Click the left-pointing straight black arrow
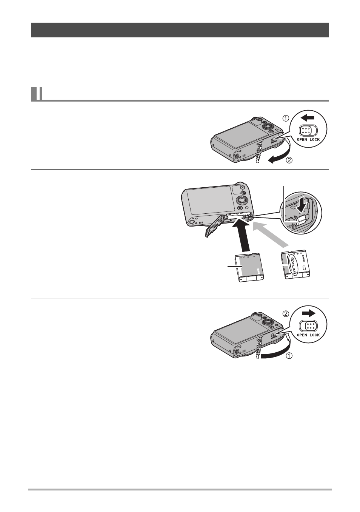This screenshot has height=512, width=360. click(307, 118)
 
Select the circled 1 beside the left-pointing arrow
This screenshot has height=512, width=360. click(286, 118)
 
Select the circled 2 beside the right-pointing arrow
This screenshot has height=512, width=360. click(286, 314)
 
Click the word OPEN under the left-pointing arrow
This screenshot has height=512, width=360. click(302, 139)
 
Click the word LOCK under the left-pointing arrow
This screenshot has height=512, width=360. click(315, 139)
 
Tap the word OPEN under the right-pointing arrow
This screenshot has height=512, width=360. click(302, 335)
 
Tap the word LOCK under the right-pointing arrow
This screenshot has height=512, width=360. click(315, 335)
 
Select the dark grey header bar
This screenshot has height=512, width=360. click(180, 30)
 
